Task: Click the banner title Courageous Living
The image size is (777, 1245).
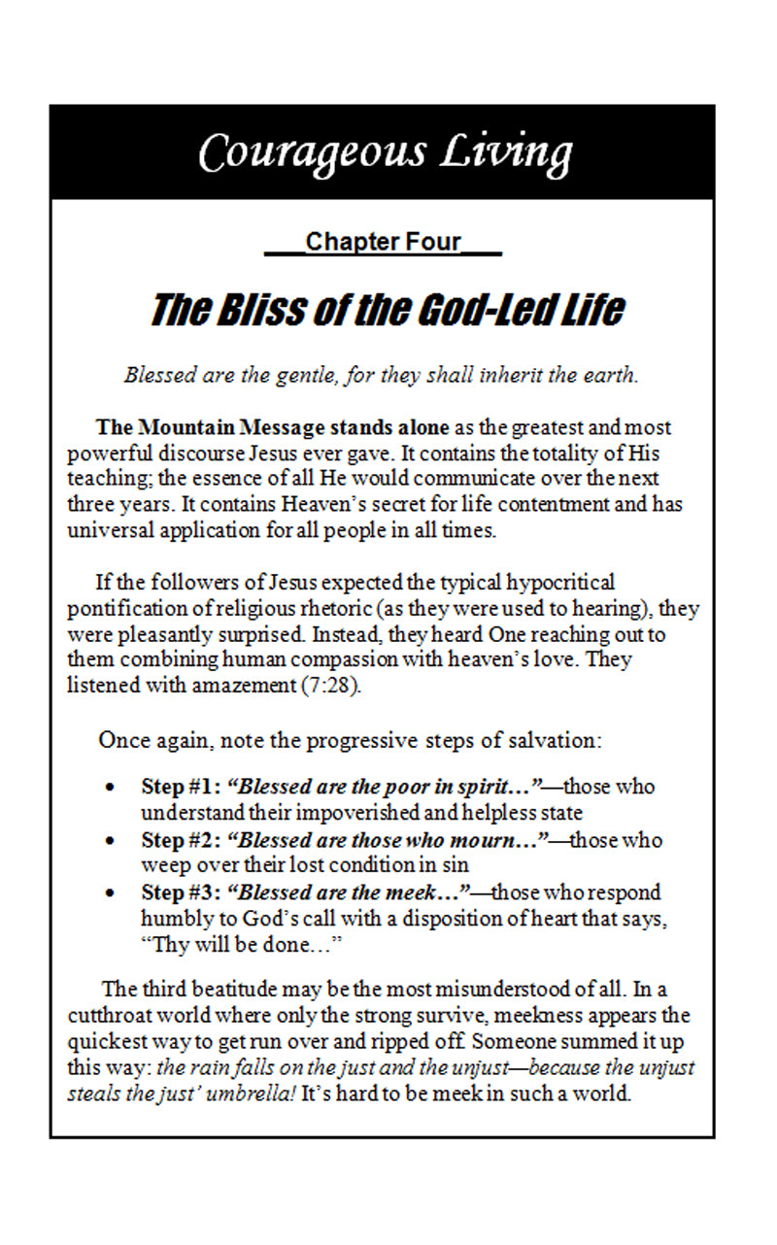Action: pos(385,152)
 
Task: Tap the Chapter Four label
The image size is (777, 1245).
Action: pos(383,242)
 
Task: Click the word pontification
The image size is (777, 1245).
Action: pos(122,609)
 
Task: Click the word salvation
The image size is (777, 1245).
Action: pos(555,740)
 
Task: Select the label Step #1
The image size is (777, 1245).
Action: pos(180,787)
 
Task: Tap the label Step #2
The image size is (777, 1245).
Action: pos(180,840)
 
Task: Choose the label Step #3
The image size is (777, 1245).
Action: pos(180,892)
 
